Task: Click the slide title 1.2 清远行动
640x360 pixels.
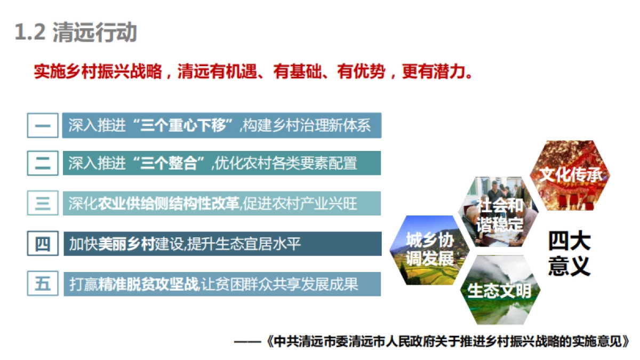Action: (x=76, y=33)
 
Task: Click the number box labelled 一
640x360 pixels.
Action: (x=43, y=126)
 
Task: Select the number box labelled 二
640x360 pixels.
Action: (x=43, y=163)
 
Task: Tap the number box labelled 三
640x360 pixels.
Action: (x=43, y=203)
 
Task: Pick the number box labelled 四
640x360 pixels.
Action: (x=43, y=244)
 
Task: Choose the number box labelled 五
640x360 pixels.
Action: (x=43, y=284)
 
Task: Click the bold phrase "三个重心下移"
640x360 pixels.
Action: (x=185, y=126)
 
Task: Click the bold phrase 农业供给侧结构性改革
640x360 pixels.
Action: (x=169, y=203)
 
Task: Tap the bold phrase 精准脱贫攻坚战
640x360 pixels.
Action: (x=148, y=284)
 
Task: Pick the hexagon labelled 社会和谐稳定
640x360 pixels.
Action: (x=500, y=212)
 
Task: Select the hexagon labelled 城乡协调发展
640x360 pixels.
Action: (x=430, y=250)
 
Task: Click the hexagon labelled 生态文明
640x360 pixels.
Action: (x=500, y=291)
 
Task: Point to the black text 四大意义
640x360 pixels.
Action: (x=569, y=253)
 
